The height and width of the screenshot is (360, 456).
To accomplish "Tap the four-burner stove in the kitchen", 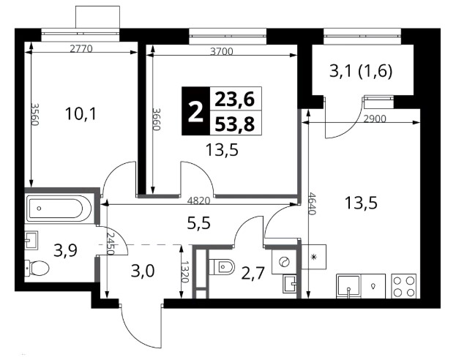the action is click(403, 286).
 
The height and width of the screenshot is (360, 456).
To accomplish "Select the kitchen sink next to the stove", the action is click(348, 286).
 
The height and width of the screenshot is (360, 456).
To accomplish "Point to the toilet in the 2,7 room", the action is click(222, 266).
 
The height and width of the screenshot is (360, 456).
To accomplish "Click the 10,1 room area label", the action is click(81, 113).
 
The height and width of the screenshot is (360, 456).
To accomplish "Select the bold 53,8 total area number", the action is click(235, 124).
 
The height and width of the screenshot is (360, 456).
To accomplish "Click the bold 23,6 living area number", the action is click(235, 100).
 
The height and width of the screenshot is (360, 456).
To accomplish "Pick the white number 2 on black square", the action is click(195, 111).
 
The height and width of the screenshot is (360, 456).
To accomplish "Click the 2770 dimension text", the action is click(81, 48).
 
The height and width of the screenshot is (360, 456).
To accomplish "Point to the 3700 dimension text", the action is click(222, 51).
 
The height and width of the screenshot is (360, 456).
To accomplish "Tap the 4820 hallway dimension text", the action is click(198, 200).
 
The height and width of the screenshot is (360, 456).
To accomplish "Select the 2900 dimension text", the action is click(375, 119).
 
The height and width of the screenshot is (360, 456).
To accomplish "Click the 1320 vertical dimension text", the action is click(185, 272).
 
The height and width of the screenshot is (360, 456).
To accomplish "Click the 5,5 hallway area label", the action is click(199, 224).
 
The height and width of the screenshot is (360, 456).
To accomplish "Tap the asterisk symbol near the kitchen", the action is click(314, 257).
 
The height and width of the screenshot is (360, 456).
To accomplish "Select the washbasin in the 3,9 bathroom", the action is click(31, 240).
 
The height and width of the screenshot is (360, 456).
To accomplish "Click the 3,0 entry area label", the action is click(143, 271).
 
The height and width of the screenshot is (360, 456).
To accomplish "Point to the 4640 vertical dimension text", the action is click(312, 203).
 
